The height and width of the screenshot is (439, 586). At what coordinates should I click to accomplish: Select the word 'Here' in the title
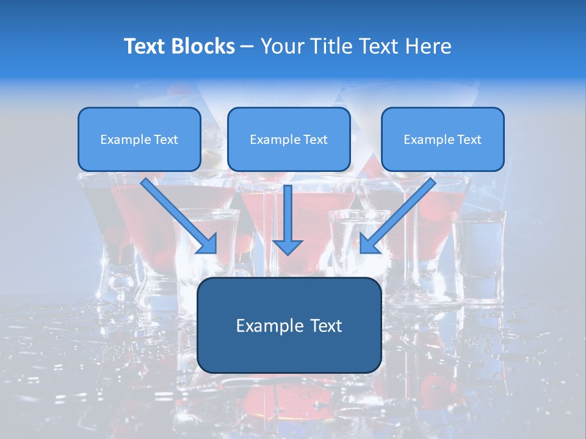point(430,46)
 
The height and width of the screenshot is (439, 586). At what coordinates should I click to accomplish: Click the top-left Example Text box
point(139,140)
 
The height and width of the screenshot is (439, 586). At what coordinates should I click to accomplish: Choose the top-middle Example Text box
point(289,140)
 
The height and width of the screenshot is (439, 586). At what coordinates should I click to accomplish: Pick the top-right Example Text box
point(443,140)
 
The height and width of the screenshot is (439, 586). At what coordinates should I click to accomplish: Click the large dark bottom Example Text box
point(289,326)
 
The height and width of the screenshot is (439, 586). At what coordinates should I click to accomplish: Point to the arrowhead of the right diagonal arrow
point(369,244)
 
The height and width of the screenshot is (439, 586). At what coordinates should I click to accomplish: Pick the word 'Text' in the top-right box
point(469,140)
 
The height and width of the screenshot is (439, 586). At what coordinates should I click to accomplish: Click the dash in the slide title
point(247,46)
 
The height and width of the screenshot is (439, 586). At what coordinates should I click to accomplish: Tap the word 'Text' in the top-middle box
point(316,140)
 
